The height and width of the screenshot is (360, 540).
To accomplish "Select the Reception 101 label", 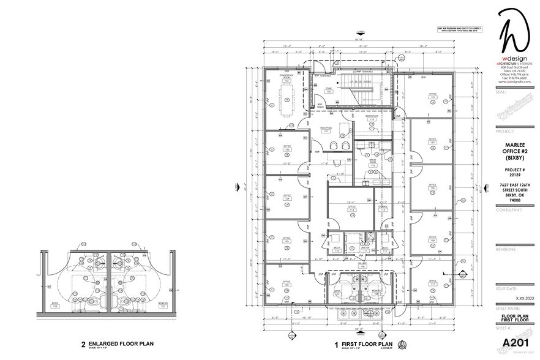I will [326, 129].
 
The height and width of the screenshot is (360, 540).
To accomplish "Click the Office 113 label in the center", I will [351, 208].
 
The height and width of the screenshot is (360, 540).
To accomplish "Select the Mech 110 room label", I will [337, 250].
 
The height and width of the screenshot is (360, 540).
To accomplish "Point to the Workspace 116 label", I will [372, 117].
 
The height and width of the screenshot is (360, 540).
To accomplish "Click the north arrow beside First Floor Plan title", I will [402, 344].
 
